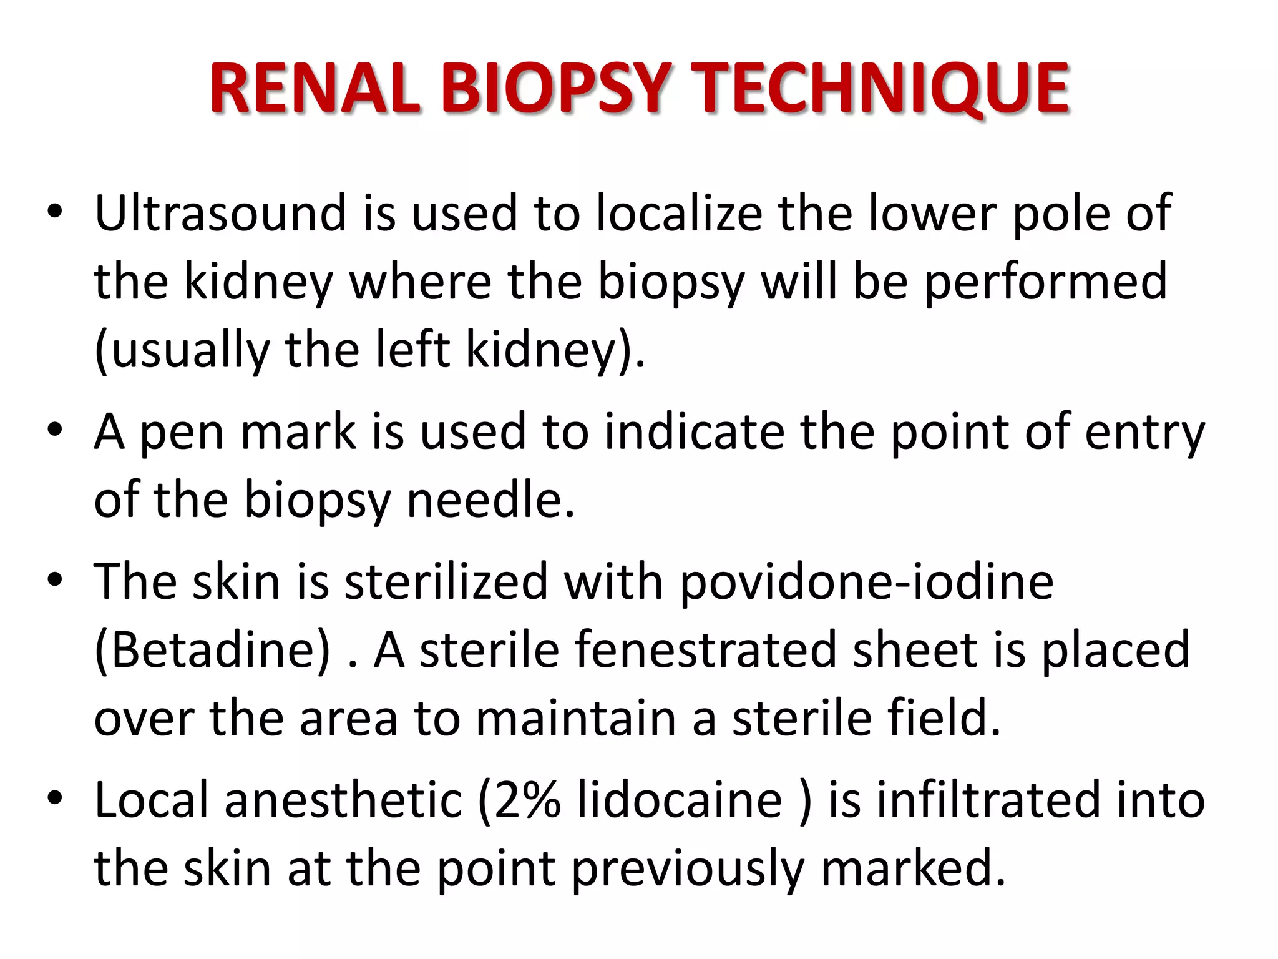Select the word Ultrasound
220,213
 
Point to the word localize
679,213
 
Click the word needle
490,500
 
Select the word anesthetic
343,800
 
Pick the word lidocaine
680,800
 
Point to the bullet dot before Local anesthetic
55,799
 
